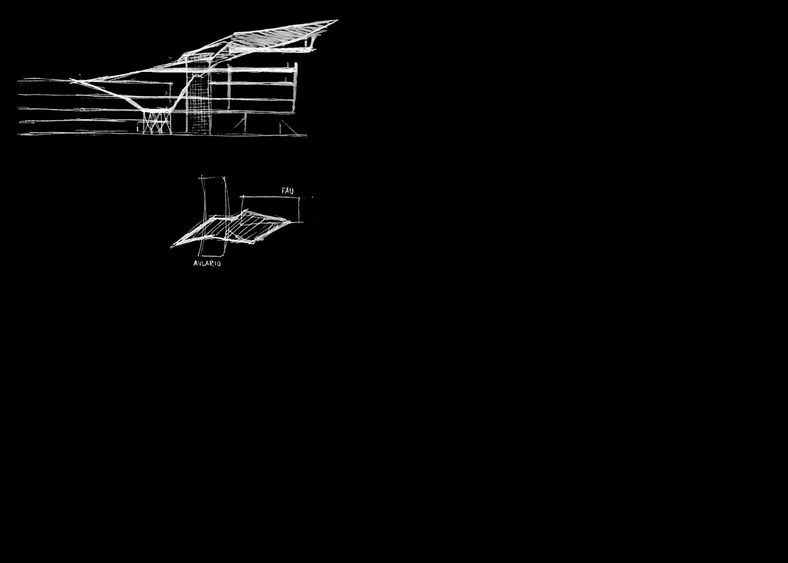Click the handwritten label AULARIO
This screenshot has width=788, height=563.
coord(207,263)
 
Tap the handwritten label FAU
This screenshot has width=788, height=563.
coord(287,191)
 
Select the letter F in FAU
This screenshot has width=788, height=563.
coord(284,191)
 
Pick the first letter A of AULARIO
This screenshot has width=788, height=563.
coord(196,263)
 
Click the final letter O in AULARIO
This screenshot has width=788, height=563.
coord(218,263)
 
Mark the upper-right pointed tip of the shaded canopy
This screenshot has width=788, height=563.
coord(337,21)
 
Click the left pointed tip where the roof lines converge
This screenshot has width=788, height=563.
coord(71,80)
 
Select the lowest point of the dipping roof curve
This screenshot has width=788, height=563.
coord(149,110)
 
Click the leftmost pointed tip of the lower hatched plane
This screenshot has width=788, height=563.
coord(172,246)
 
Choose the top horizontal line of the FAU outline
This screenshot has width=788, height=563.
coord(271,197)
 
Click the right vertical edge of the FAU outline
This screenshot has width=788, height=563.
coord(299,209)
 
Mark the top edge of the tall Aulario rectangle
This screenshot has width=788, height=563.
coord(213,177)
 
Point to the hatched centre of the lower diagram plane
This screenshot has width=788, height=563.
coord(233,228)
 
